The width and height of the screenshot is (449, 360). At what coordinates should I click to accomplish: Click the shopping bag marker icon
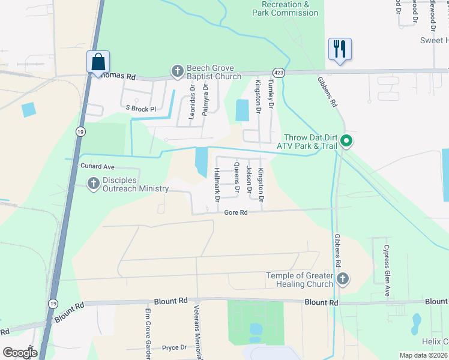98,62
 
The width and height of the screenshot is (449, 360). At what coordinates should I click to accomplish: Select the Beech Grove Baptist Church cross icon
178,72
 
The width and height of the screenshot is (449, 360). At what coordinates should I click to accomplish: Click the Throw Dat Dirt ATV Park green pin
346,142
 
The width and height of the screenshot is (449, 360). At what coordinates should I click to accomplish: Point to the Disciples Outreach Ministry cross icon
93,184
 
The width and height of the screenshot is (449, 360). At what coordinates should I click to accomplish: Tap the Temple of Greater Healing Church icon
342,278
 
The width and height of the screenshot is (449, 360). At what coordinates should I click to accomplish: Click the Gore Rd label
236,213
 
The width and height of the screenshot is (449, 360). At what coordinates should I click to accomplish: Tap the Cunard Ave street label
97,166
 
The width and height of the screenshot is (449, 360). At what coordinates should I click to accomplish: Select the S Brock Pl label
140,109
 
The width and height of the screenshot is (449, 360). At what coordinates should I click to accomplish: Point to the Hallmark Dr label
217,184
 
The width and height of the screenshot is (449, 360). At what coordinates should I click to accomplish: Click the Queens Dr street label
237,178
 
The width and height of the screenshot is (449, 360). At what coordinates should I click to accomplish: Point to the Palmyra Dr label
205,99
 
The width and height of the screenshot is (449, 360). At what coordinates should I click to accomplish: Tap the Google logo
20,353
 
